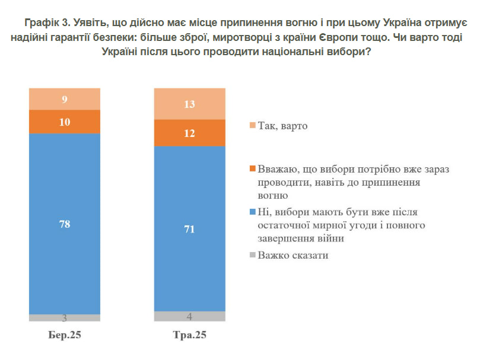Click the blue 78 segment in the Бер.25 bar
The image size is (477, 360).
click(65, 224)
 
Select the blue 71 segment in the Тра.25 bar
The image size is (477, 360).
click(190, 228)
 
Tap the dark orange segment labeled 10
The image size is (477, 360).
click(65, 122)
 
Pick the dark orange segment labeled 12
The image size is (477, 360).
click(190, 133)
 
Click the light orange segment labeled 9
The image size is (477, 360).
click(65, 100)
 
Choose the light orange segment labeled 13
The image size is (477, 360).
click(190, 104)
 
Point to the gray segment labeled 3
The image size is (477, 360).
click(65, 318)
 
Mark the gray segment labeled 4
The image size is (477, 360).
click(190, 316)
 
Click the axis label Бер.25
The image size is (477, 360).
click(65, 335)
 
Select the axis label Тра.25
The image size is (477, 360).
click(190, 335)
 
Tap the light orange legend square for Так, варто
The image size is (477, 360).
click(253, 126)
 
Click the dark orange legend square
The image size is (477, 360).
click(253, 169)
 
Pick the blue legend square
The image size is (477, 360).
click(253, 212)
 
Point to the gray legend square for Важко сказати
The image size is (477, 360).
click(253, 255)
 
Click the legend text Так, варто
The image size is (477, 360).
click(283, 126)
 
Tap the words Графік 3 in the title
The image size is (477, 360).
click(46, 23)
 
